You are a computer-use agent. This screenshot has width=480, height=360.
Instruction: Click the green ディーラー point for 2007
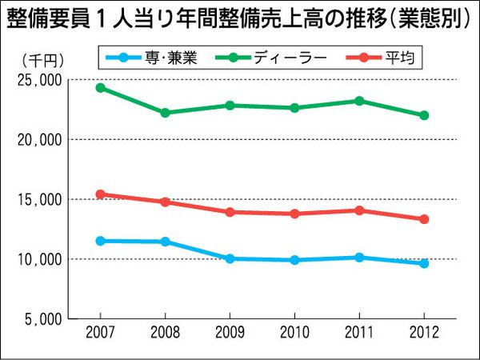pyautogui.click(x=100, y=87)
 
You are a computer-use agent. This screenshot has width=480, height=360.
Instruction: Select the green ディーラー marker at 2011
pyautogui.click(x=359, y=101)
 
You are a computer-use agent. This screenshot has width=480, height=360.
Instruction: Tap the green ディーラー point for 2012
pyautogui.click(x=424, y=115)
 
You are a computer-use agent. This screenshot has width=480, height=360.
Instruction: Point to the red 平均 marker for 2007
pyautogui.click(x=100, y=194)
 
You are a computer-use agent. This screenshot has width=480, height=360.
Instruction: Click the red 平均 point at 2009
pyautogui.click(x=230, y=212)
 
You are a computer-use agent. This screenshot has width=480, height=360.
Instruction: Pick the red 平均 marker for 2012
pyautogui.click(x=424, y=219)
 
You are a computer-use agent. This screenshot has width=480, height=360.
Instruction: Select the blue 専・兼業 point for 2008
pyautogui.click(x=165, y=242)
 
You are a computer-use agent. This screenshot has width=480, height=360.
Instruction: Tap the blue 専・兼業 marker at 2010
pyautogui.click(x=294, y=260)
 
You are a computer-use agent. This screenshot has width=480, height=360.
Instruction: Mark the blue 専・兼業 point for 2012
pyautogui.click(x=424, y=263)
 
